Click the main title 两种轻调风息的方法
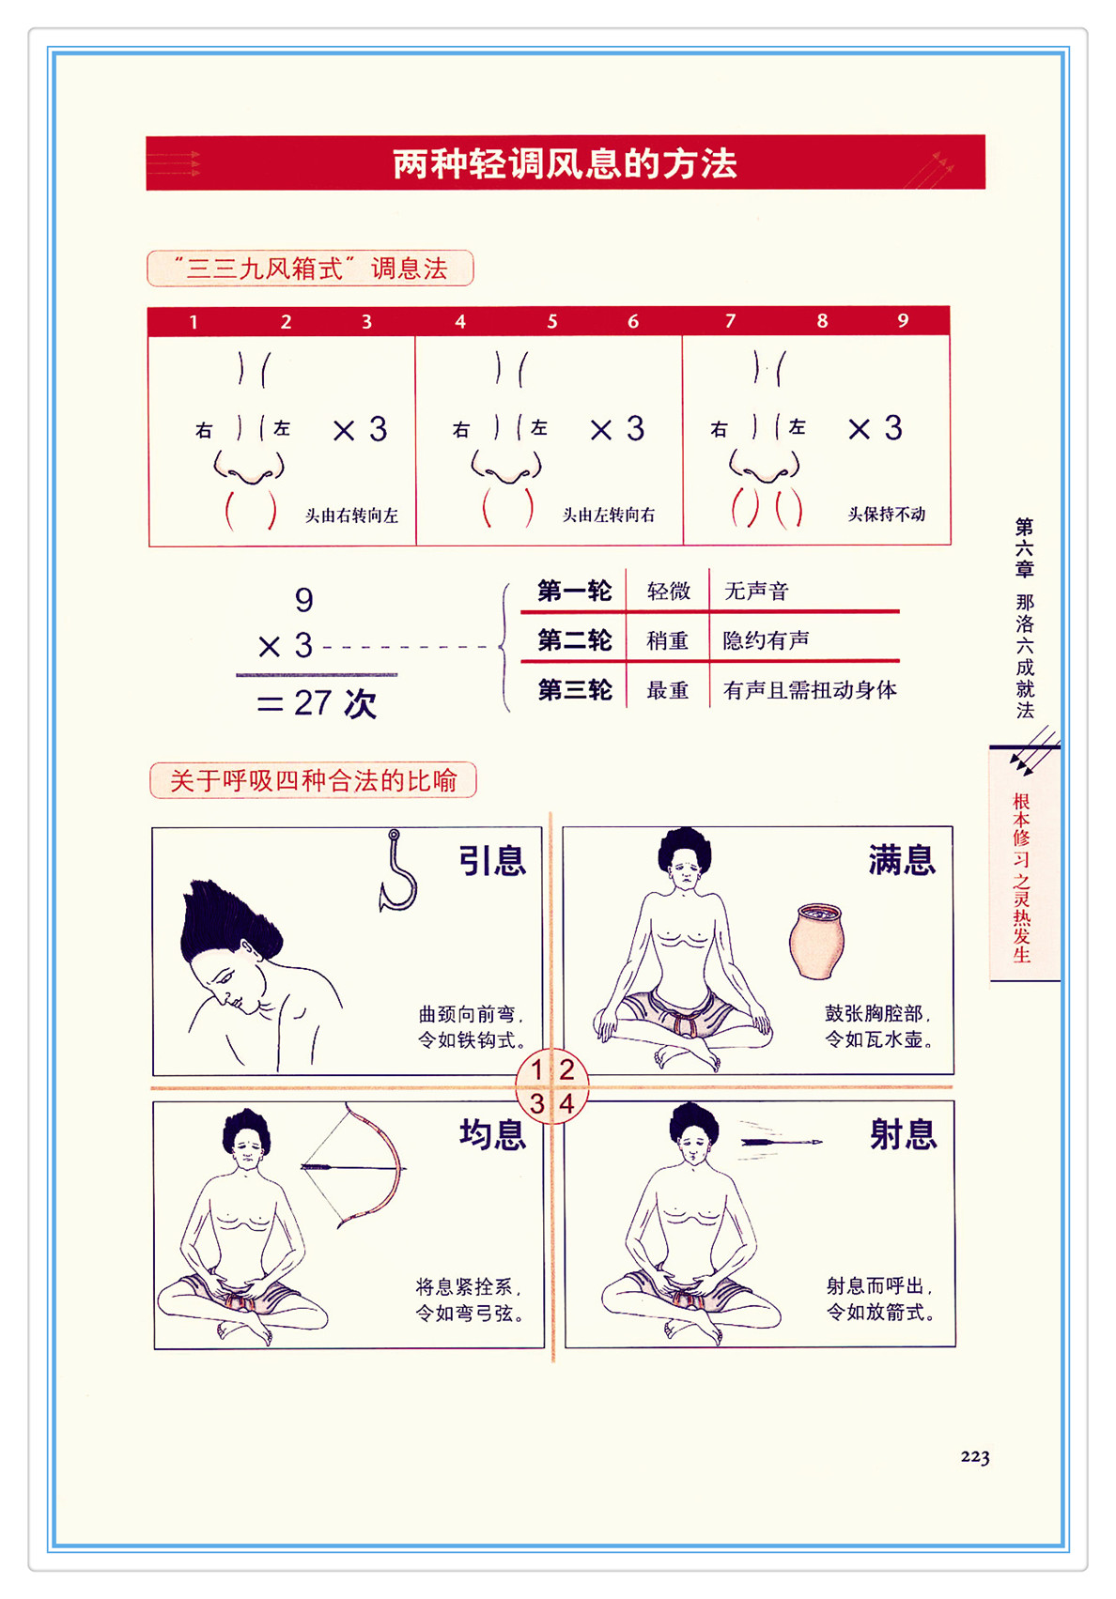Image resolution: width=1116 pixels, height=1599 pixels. pyautogui.click(x=565, y=163)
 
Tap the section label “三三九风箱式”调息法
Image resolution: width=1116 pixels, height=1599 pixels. pyautogui.click(x=310, y=269)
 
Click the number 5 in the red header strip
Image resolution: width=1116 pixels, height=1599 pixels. pyautogui.click(x=552, y=321)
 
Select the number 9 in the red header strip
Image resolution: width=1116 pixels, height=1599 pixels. pyautogui.click(x=903, y=320)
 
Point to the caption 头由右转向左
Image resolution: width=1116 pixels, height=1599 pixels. pyautogui.click(x=351, y=515)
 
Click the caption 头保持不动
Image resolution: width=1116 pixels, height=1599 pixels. pyautogui.click(x=886, y=514)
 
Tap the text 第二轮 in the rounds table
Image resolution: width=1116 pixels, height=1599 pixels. pyautogui.click(x=575, y=640)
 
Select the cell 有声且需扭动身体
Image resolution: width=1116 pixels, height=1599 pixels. pyautogui.click(x=810, y=689)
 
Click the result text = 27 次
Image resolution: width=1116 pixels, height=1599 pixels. pyautogui.click(x=317, y=703)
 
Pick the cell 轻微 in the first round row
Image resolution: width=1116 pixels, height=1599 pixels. pyautogui.click(x=668, y=592)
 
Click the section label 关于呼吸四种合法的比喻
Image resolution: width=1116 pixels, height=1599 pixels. pyautogui.click(x=313, y=780)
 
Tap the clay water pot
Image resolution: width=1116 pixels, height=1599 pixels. pyautogui.click(x=817, y=940)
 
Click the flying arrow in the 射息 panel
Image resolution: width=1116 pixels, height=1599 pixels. pyautogui.click(x=781, y=1142)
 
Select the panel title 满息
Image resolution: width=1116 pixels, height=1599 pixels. pyautogui.click(x=902, y=859)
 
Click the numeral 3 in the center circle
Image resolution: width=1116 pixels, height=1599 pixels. pyautogui.click(x=537, y=1103)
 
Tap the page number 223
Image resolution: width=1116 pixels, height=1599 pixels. pyautogui.click(x=975, y=1456)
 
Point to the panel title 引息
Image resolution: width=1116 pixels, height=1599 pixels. pyautogui.click(x=492, y=860)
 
